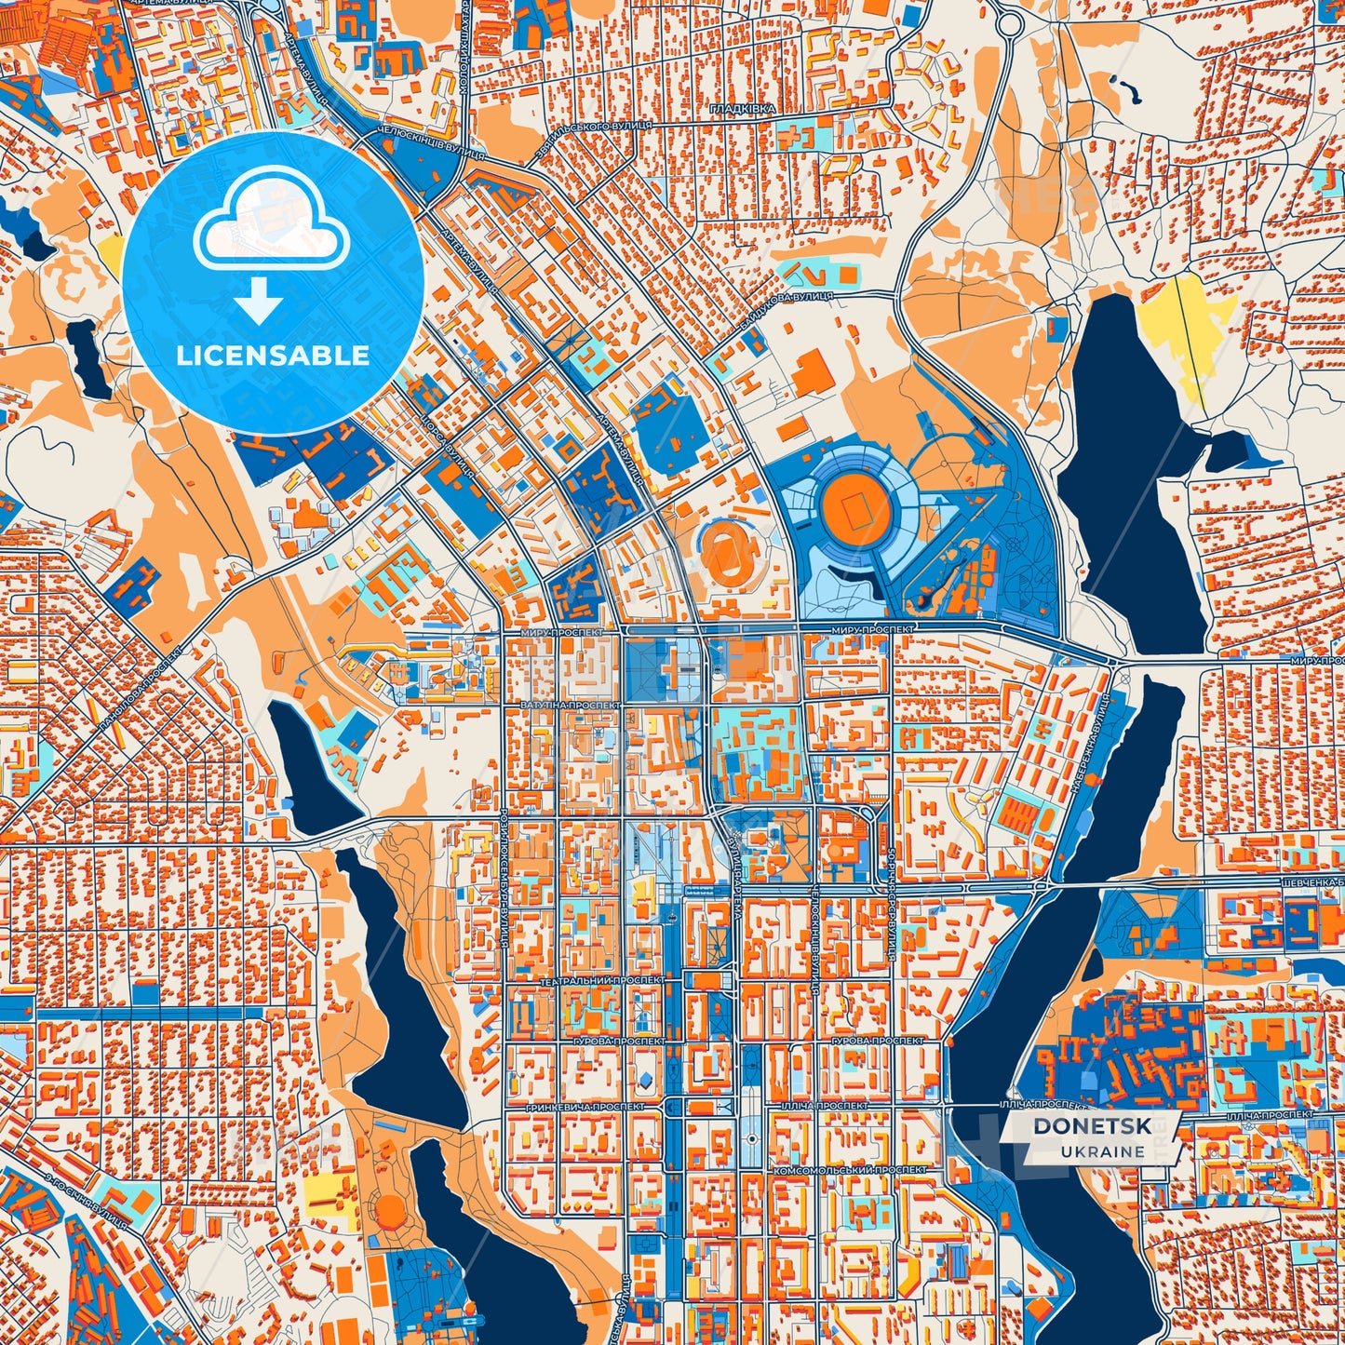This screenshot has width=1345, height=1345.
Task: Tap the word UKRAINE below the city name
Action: pos(1102,1151)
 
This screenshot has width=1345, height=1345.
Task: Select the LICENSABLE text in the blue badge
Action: pos(273,356)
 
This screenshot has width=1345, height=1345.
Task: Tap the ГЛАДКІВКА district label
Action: pos(742,110)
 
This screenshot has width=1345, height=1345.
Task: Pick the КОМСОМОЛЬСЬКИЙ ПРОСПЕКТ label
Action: pos(849,1168)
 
